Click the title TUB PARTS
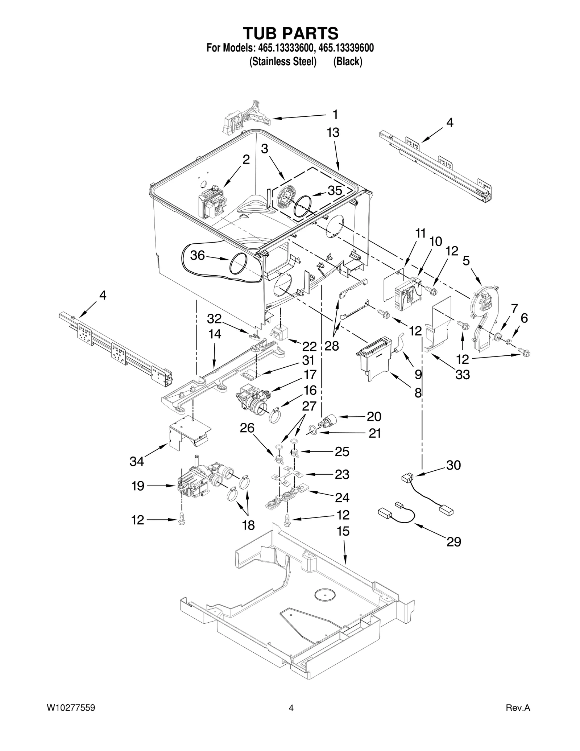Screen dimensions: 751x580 [x=290, y=33]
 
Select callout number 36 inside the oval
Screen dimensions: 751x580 [x=198, y=256]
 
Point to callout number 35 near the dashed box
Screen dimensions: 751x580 [x=335, y=191]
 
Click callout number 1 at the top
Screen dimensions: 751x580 [x=335, y=115]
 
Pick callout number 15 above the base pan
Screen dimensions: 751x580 [x=343, y=531]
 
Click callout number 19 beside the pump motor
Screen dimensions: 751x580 [x=138, y=486]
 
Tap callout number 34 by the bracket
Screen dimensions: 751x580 [x=137, y=461]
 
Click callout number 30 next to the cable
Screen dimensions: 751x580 [x=453, y=465]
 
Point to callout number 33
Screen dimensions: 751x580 [x=463, y=375]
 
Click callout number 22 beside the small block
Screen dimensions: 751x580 [x=309, y=347]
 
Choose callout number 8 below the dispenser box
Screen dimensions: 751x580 [x=418, y=392]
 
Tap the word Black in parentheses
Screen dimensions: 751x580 [x=348, y=62]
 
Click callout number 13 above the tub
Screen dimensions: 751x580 [x=333, y=133]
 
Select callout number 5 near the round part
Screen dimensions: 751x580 [x=466, y=260]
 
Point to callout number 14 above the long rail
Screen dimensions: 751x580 [x=215, y=334]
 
